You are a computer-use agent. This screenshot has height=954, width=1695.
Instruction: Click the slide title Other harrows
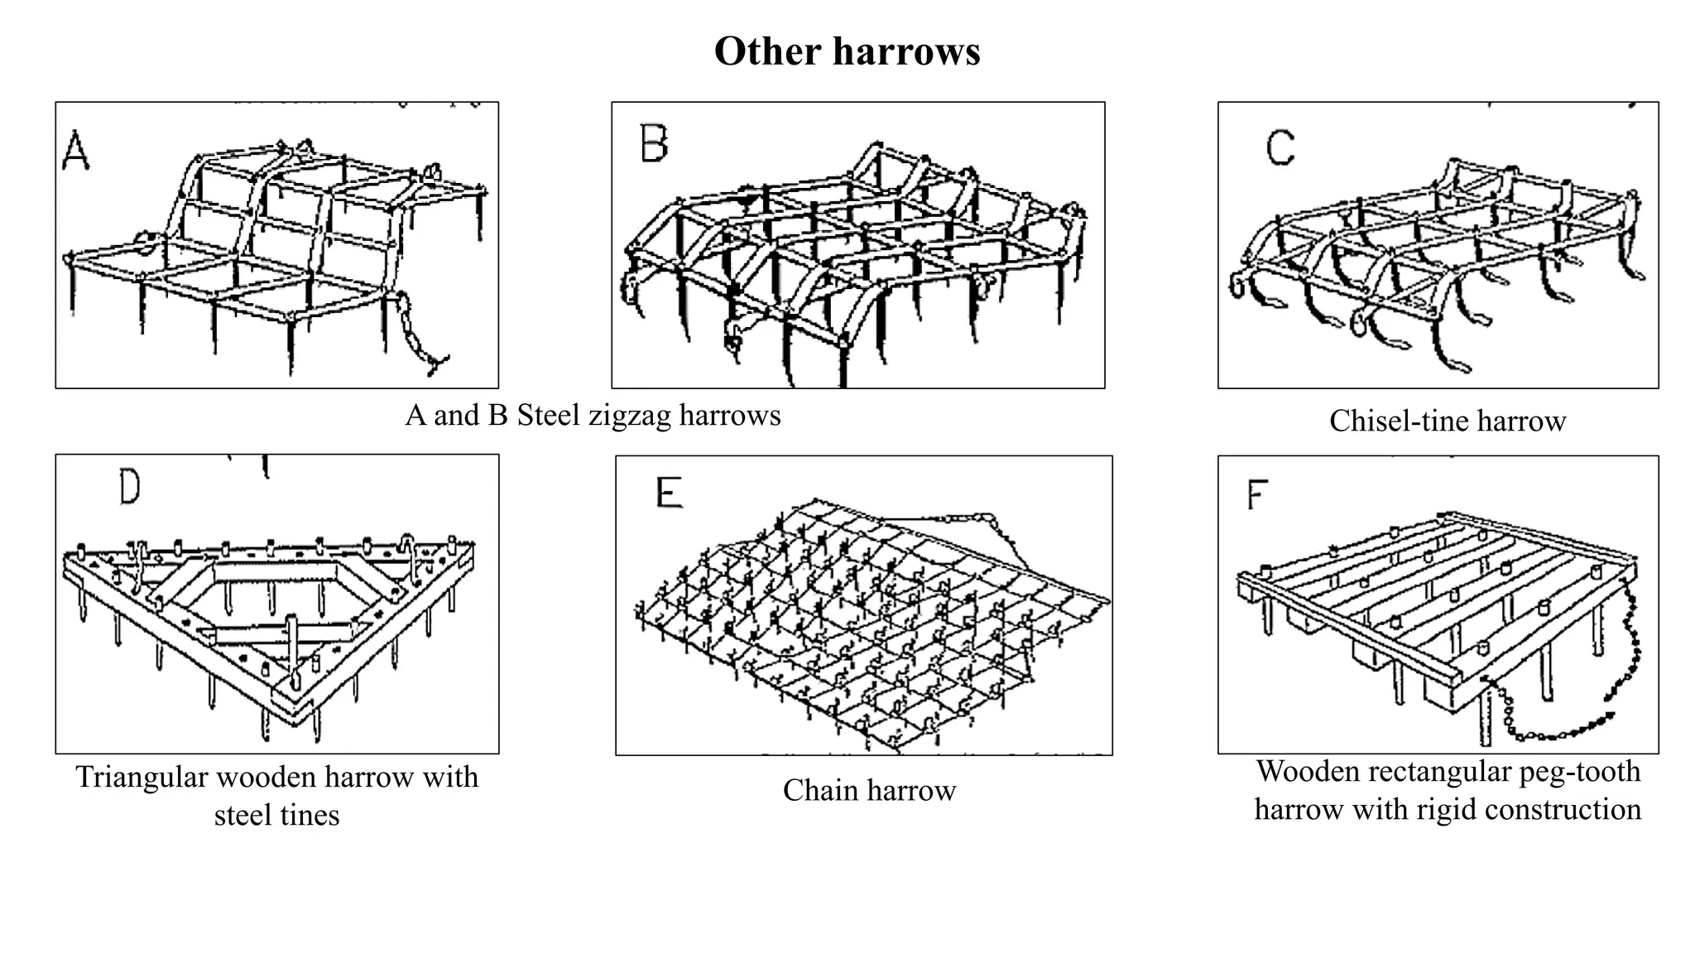pos(847,51)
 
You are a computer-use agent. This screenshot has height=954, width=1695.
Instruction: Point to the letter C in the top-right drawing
pos(1280,149)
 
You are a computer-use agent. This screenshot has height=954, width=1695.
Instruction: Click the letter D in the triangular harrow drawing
pos(130,488)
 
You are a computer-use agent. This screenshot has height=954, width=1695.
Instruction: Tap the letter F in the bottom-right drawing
pos(1257,495)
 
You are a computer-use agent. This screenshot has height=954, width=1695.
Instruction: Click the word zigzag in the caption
pos(630,416)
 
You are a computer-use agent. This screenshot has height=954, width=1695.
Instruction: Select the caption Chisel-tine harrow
pos(1447,422)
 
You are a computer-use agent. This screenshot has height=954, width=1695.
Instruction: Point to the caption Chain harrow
pos(869,791)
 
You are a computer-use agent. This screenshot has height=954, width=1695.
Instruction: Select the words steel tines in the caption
pos(276,816)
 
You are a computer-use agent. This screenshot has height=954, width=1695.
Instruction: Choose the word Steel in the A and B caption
pos(549,416)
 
